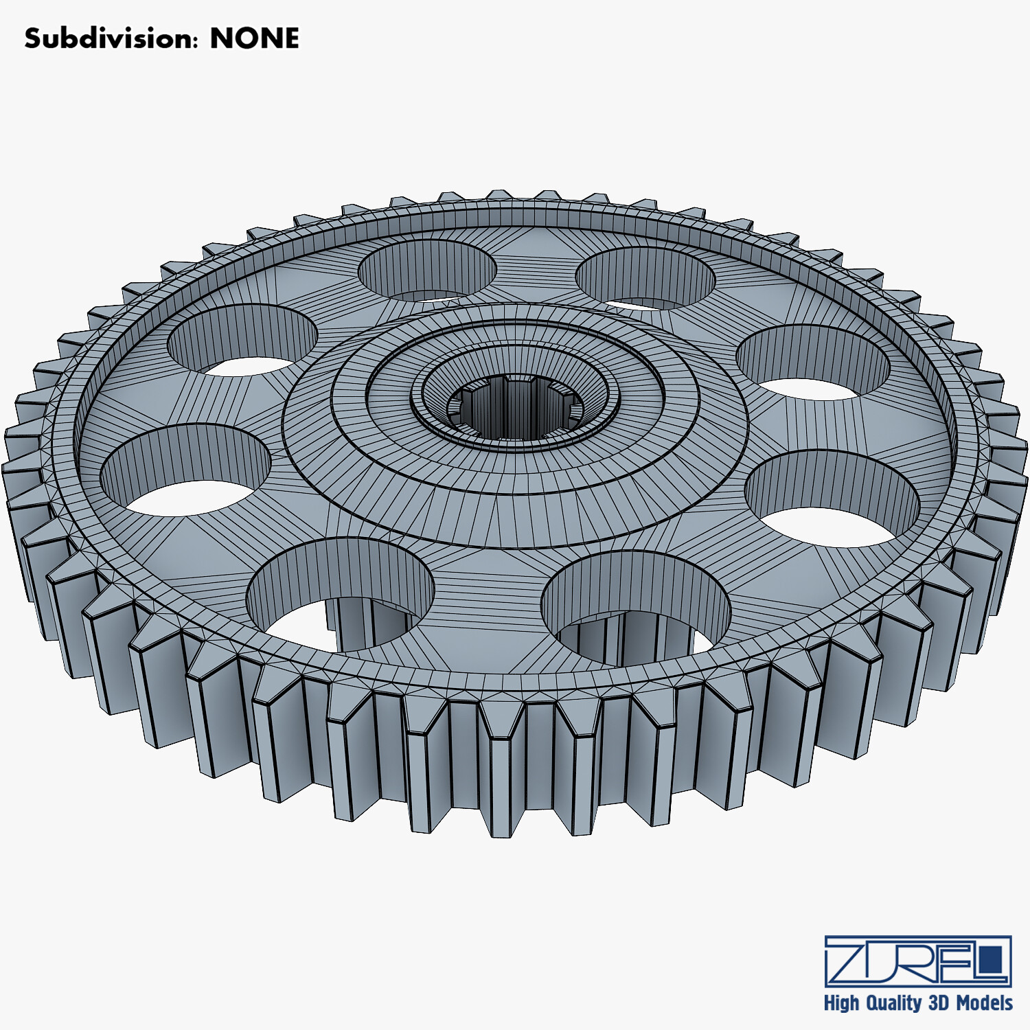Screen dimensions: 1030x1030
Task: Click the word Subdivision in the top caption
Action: [x=110, y=38]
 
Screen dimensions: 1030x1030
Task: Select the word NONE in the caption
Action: [x=254, y=38]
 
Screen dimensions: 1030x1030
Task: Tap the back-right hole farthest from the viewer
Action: [x=645, y=278]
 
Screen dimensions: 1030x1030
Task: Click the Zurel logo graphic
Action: [x=918, y=961]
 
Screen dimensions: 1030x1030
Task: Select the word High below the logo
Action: [x=841, y=1003]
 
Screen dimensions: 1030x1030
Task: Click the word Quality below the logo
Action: [x=893, y=1003]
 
